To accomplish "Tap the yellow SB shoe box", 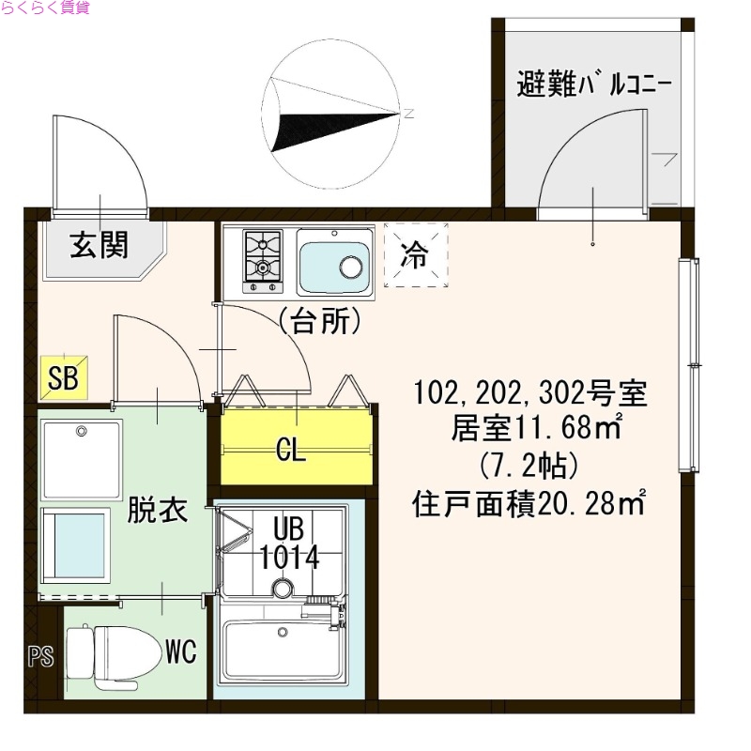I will pos(64,379).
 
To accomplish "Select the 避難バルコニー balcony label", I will pos(592,84).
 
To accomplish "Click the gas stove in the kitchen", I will pos(263,256).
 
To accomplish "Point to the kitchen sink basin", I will pos(333,263).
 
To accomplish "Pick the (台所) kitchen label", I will pos(319,322).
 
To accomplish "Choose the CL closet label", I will pos(291,452).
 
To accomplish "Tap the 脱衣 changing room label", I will pos(157,511).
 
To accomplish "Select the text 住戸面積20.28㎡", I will pos(529,506).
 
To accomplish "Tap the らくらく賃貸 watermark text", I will pos(45,8).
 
